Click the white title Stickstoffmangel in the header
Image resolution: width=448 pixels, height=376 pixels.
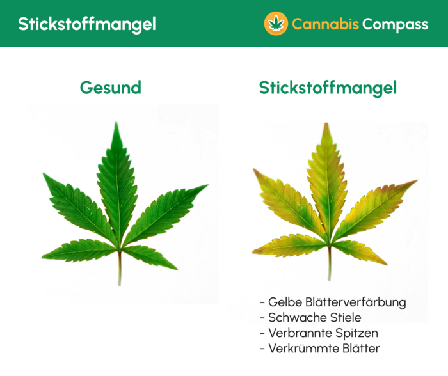coord(86,24)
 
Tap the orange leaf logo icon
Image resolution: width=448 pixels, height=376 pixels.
coord(276,24)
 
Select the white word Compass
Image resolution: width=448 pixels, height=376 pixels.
coord(395,24)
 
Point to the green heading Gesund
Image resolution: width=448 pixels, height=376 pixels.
coord(110,88)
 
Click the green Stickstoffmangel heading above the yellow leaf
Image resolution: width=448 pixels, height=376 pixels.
coord(328,88)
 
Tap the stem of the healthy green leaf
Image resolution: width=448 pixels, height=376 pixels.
coord(119,269)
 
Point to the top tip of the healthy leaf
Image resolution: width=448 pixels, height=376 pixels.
coord(116,124)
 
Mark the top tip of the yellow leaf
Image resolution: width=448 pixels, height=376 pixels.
coord(326,125)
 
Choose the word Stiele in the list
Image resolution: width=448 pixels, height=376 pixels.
coord(342,318)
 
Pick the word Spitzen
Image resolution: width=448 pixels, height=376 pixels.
coord(357,334)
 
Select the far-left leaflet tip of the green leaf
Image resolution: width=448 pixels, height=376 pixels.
coord(44,174)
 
